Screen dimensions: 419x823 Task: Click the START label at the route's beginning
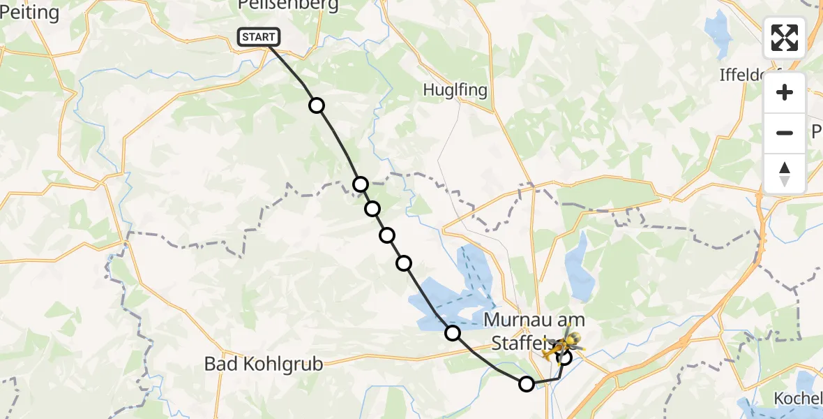[x=259, y=37]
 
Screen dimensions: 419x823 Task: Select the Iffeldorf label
[x=750, y=75]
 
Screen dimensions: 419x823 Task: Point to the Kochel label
[x=798, y=398]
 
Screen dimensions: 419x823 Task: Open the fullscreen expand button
[x=785, y=38]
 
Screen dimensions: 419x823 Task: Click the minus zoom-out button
[x=785, y=133]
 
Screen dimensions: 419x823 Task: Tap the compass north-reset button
[x=785, y=173]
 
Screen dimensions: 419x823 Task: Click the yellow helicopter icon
[x=565, y=342]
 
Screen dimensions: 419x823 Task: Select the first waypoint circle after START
[x=317, y=105]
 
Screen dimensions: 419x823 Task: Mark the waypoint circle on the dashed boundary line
[x=360, y=184]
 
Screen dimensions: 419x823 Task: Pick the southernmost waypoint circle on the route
[x=527, y=383]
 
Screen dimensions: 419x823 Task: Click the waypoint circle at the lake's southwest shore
[x=453, y=333]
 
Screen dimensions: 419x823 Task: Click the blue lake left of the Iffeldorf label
[x=716, y=31]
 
